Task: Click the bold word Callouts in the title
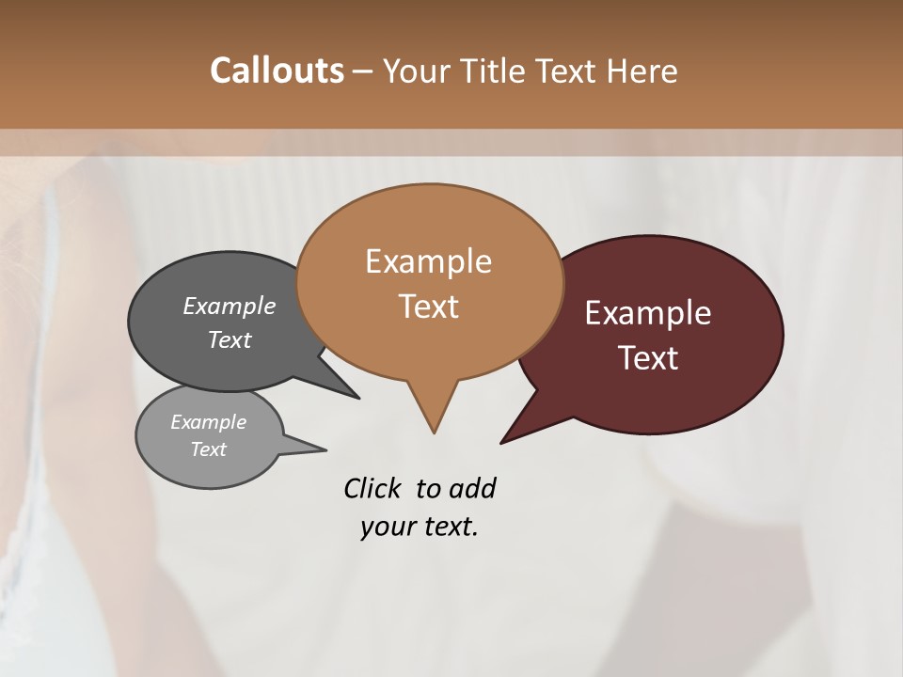click(x=277, y=71)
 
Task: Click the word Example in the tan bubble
click(x=428, y=261)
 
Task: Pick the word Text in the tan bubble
click(x=428, y=307)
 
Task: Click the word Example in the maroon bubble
click(x=648, y=313)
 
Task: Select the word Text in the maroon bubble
click(x=649, y=358)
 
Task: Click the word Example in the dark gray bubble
click(x=230, y=306)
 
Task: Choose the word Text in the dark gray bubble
click(x=230, y=339)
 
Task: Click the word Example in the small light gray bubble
click(x=208, y=422)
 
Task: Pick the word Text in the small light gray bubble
click(x=208, y=449)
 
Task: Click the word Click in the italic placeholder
click(x=373, y=488)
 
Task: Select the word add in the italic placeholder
click(x=472, y=488)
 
